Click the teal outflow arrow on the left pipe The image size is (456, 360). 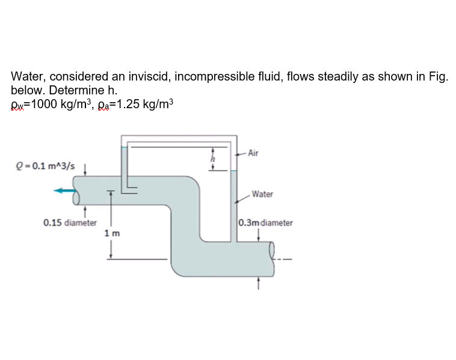click(x=66, y=191)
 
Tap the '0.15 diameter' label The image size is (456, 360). click(x=70, y=222)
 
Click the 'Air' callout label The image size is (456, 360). click(x=253, y=153)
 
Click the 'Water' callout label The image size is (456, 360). click(x=262, y=194)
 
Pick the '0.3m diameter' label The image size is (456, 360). click(x=266, y=222)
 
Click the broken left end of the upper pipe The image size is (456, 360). click(x=77, y=191)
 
